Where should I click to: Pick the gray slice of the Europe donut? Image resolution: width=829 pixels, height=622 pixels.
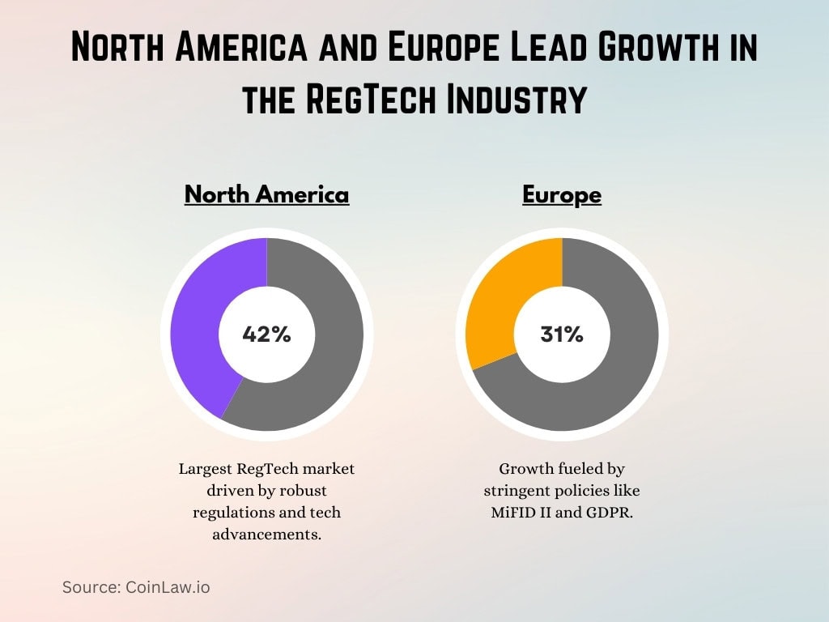tap(615, 373)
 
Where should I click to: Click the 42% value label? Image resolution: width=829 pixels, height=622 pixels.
tap(266, 334)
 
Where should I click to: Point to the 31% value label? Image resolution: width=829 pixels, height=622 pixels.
tap(562, 334)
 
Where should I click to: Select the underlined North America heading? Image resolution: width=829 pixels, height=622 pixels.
tap(266, 194)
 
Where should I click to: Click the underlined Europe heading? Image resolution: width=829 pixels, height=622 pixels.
tap(562, 194)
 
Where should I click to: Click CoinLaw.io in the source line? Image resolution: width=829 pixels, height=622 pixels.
tap(168, 587)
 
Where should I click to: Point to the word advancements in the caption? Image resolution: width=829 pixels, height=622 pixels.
tap(266, 534)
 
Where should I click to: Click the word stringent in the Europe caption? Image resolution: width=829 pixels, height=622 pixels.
tap(519, 491)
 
